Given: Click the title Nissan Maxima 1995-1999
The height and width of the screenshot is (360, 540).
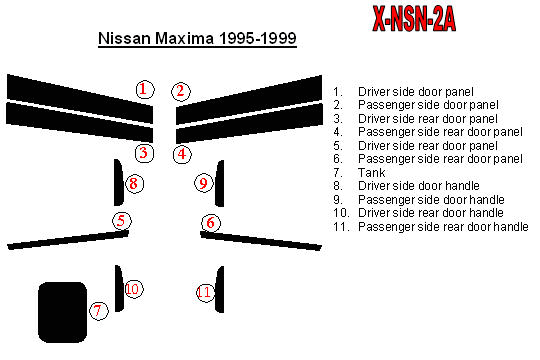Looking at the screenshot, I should click(196, 40).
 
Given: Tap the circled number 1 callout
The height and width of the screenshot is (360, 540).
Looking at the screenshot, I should click(145, 89).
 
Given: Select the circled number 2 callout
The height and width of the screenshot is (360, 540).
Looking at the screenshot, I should click(180, 91).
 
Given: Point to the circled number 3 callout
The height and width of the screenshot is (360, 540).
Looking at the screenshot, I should click(145, 153).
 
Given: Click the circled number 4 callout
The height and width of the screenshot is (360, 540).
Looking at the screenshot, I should click(181, 154).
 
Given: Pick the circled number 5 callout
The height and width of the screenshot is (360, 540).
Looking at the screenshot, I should click(121, 220).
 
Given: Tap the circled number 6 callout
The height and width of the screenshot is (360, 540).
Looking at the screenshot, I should click(210, 222).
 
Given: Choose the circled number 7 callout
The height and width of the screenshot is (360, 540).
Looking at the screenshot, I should click(98, 311).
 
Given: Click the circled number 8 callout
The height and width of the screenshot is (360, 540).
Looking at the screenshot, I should click(133, 183).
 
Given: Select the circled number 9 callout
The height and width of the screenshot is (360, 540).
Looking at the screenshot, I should click(203, 183).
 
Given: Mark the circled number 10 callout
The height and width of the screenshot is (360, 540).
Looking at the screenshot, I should click(132, 289).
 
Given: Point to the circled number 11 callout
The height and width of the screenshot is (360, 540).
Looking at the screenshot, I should click(205, 292).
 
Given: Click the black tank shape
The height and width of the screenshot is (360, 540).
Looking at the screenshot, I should click(62, 312).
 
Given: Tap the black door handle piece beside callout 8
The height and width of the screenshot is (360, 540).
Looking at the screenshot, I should click(117, 180).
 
